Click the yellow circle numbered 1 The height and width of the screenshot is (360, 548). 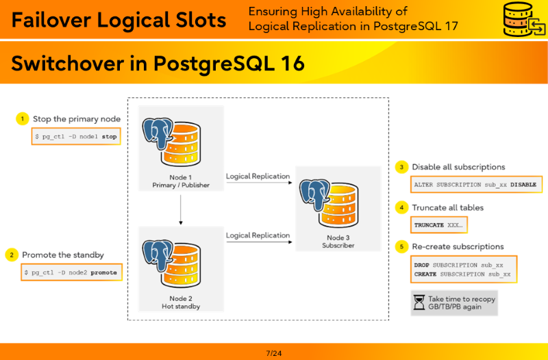[23, 118]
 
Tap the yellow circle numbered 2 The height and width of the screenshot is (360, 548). [12, 255]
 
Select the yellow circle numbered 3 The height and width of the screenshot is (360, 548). [401, 167]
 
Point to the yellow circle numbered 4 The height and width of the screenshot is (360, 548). [401, 207]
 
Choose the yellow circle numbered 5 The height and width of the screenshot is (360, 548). [401, 246]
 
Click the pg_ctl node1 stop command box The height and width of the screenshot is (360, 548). [76, 136]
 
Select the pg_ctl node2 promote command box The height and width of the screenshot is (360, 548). [72, 272]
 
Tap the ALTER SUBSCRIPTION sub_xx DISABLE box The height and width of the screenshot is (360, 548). [476, 184]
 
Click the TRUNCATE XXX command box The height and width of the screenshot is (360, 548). [439, 225]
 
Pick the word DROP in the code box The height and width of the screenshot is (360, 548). [421, 265]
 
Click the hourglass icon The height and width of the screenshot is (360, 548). [419, 303]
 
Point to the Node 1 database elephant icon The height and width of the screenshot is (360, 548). [172, 142]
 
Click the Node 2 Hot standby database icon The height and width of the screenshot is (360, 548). [172, 263]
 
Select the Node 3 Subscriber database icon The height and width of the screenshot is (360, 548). [329, 203]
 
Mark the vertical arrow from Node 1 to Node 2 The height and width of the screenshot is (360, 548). [181, 209]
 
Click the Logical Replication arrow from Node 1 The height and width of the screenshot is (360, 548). [259, 182]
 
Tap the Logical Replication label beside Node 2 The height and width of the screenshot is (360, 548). [258, 235]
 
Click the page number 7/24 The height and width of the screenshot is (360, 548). [273, 353]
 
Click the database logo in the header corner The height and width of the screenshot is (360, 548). [524, 19]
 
